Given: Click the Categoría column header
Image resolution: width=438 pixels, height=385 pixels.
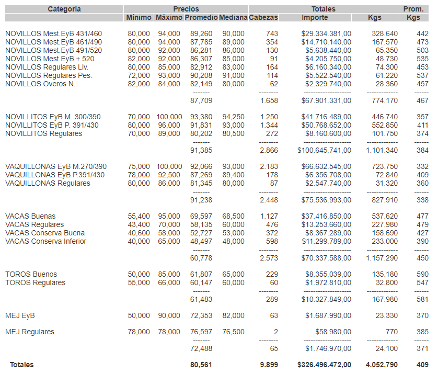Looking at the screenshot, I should [64, 9].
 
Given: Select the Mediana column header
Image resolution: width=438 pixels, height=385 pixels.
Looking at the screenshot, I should [233, 18].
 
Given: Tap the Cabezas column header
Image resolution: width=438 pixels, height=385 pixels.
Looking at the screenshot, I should [263, 18].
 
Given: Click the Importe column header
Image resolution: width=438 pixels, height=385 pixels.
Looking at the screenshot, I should [315, 18].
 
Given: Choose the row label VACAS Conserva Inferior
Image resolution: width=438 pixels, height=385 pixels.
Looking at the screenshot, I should [45, 241].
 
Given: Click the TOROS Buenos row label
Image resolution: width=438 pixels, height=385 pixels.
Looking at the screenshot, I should [31, 274].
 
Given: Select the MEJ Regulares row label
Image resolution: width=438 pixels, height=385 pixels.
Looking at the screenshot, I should [30, 332].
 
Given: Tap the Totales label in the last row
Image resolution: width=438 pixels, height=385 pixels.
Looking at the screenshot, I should [21, 365].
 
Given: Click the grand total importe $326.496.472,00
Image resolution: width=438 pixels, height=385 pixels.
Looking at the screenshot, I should [324, 365].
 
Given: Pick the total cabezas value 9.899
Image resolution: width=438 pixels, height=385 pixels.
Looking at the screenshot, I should [269, 365].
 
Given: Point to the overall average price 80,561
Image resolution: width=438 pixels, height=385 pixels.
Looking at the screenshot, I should [201, 365].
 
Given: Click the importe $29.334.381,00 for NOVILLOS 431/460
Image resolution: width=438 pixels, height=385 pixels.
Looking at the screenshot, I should [326, 33].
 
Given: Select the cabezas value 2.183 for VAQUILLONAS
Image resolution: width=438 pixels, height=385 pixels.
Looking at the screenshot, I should [269, 166].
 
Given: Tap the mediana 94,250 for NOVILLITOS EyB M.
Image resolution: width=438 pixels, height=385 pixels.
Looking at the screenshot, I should [233, 117].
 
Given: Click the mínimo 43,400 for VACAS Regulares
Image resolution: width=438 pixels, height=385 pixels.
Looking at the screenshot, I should [139, 224].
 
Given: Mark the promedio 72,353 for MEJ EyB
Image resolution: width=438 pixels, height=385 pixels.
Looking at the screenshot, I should [201, 315].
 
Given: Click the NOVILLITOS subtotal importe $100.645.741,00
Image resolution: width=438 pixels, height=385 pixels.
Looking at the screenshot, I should [324, 150].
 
